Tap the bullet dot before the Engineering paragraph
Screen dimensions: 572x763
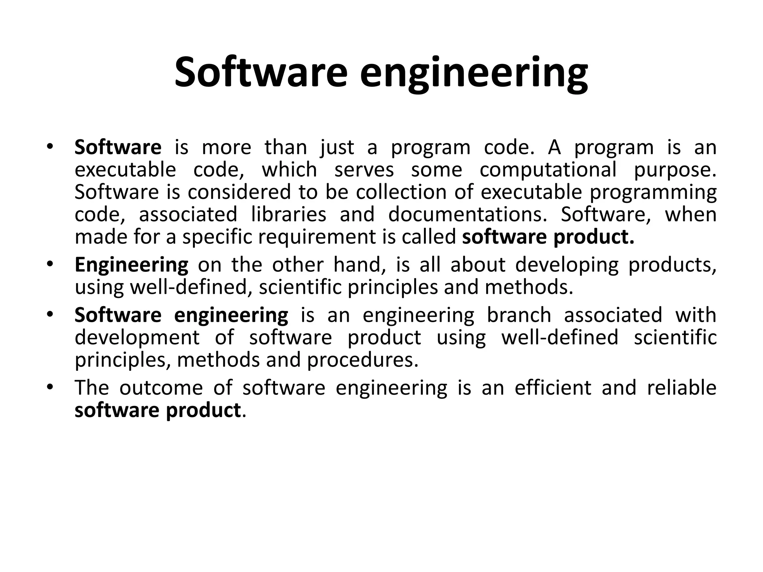pos(50,264)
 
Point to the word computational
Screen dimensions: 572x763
pos(548,170)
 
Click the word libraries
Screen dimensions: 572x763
pos(289,215)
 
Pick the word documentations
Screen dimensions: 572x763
pos(468,215)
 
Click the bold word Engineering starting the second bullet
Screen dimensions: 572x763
pos(132,265)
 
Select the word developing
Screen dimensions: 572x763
pos(567,265)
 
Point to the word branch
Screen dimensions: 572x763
pos(519,315)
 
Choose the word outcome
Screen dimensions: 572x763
pos(161,388)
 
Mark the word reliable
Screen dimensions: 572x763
pos(682,388)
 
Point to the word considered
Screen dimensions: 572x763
pos(239,193)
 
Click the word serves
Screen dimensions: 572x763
pos(364,170)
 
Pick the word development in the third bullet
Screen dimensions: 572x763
pos(137,338)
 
